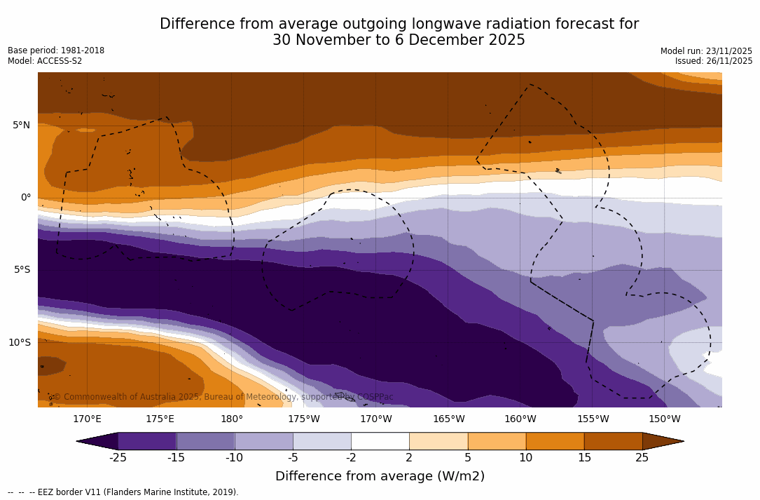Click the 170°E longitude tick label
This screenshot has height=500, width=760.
[87, 419]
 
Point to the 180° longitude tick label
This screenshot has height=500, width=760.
[232, 419]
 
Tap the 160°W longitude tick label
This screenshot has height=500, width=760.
[520, 419]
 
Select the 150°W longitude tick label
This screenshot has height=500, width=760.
[664, 419]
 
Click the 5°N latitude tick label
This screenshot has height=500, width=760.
[21, 126]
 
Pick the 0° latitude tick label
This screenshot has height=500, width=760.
[25, 198]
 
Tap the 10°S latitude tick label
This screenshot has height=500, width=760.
[20, 343]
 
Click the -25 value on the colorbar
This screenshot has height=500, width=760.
[118, 458]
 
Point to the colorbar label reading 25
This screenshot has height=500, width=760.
[642, 458]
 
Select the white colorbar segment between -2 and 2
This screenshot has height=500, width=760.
[380, 441]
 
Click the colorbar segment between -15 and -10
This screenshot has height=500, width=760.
[205, 441]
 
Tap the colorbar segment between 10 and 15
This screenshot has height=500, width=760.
[555, 441]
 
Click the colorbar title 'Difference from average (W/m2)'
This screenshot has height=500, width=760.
[380, 476]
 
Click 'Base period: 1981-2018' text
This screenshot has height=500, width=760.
[56, 50]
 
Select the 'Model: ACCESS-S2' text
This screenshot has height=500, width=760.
[45, 61]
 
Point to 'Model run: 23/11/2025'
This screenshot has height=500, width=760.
[706, 51]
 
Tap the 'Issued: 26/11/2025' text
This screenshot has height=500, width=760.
[714, 61]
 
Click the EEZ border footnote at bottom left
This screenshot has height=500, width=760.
[123, 492]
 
